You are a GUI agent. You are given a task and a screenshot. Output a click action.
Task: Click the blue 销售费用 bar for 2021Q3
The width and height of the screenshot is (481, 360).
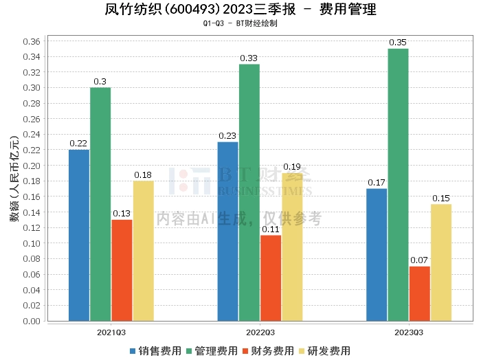pyautogui.click(x=79, y=235)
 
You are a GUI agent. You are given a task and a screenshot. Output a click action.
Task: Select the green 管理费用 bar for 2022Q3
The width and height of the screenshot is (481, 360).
pyautogui.click(x=249, y=192)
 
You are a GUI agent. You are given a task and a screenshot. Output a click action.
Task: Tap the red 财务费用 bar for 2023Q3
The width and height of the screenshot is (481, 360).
pyautogui.click(x=419, y=293)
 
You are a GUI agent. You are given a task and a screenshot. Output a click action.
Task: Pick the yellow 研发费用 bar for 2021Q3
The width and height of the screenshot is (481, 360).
pyautogui.click(x=144, y=251)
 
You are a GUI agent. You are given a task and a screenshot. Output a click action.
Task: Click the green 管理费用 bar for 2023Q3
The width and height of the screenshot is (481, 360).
pyautogui.click(x=398, y=184)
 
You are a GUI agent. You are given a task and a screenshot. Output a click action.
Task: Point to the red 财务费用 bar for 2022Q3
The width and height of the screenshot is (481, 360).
pyautogui.click(x=271, y=278)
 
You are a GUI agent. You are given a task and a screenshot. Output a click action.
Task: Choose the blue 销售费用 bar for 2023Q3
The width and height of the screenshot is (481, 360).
pyautogui.click(x=377, y=254)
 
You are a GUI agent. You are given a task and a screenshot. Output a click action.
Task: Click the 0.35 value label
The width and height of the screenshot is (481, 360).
pyautogui.click(x=398, y=43)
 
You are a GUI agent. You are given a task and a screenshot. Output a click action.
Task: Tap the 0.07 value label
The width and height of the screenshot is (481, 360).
pyautogui.click(x=419, y=260)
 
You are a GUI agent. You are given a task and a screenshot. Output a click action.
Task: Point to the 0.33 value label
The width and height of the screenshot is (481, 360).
pyautogui.click(x=249, y=58)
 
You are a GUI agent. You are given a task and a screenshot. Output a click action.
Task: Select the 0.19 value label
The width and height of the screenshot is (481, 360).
pyautogui.click(x=292, y=167)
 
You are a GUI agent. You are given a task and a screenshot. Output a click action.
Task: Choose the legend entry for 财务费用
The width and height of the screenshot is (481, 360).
pyautogui.click(x=267, y=350)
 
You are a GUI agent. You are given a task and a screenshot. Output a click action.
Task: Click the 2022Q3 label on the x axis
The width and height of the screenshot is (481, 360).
pyautogui.click(x=260, y=332)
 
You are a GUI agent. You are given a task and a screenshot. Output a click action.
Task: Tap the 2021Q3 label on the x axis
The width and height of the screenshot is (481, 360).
pyautogui.click(x=111, y=332)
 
